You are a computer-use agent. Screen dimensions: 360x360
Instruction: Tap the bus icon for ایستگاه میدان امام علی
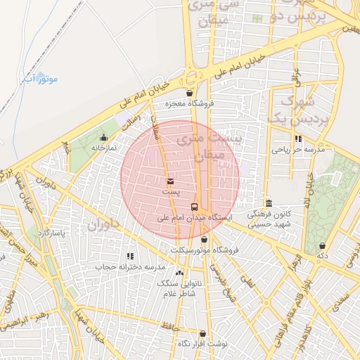tap(195, 206)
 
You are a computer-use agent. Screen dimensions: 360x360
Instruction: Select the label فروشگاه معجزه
tap(188, 104)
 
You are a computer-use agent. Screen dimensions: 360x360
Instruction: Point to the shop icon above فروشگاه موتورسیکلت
tap(204, 239)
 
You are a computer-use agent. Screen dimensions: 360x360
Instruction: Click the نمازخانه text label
tap(102, 148)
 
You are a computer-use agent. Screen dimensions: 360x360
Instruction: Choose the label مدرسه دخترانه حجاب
tap(129, 267)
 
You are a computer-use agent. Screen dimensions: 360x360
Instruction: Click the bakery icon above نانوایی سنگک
tap(179, 272)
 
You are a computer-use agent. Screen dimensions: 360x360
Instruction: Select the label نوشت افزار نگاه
tap(202, 343)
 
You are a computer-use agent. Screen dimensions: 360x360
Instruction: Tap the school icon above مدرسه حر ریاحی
tap(298, 139)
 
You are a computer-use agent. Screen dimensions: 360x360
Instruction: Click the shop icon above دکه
tap(322, 245)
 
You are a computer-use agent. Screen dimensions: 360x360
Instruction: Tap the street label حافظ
tap(170, 325)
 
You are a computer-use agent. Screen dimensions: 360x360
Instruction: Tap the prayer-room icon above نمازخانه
tap(103, 137)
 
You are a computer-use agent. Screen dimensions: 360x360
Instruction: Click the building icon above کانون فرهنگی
tap(269, 202)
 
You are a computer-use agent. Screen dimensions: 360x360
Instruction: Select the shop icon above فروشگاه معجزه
tap(188, 93)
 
